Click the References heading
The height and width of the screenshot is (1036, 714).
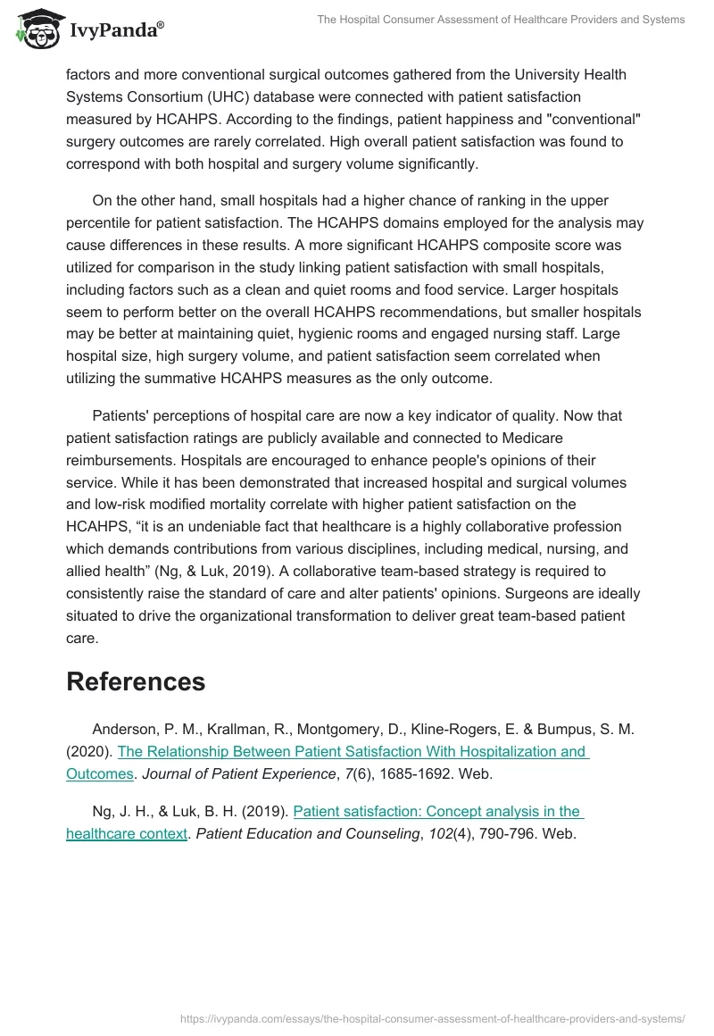[136, 681]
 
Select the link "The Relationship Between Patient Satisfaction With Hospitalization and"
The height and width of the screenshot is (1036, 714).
[353, 752]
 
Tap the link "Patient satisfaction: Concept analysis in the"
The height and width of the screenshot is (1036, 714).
[436, 812]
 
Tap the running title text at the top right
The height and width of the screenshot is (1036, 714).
[501, 20]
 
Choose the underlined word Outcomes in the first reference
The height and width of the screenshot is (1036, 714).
[99, 774]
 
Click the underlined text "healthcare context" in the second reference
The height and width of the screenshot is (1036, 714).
[127, 834]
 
